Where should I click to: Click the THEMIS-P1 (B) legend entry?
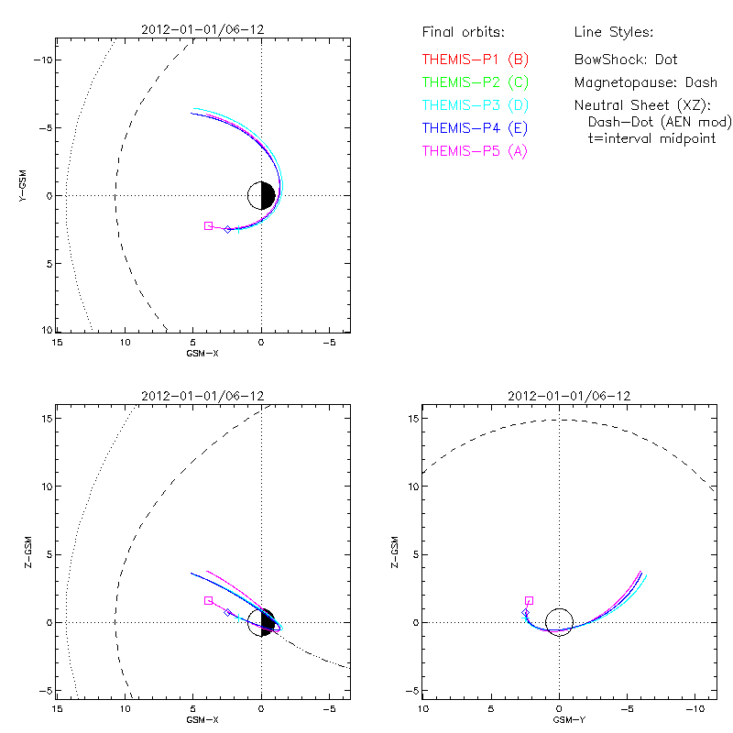476,60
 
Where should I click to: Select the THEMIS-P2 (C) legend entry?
476,82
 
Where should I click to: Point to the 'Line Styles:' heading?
613,33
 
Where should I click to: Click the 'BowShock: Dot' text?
626,60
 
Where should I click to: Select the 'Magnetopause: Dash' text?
645,82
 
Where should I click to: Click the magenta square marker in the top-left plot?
208,225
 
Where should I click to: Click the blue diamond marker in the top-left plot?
228,229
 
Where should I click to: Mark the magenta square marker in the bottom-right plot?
529,601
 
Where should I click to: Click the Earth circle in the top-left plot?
262,195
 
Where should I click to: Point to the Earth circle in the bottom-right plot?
559,623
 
